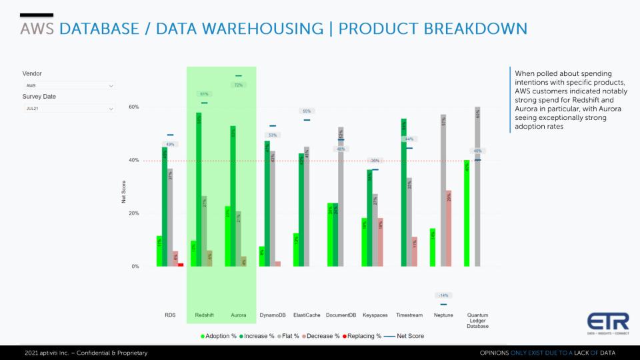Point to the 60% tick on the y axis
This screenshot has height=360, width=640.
tap(133, 107)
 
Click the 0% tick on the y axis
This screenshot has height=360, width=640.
tap(135, 267)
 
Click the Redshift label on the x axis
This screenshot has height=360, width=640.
tap(204, 315)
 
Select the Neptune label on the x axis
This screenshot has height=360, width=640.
tap(443, 315)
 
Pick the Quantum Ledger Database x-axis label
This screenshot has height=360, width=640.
tap(477, 320)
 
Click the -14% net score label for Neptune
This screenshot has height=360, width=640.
tap(443, 295)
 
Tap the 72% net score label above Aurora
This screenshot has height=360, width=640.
tap(238, 85)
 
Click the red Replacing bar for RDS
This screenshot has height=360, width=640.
tap(181, 265)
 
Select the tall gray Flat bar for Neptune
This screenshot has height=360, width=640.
tap(443, 190)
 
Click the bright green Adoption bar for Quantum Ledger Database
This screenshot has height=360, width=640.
tap(467, 213)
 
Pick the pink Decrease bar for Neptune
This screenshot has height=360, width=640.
tap(449, 228)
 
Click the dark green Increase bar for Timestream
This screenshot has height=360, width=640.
tap(404, 193)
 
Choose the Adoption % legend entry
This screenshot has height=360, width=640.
tap(219, 336)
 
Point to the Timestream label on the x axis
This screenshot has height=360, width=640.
tap(409, 315)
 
